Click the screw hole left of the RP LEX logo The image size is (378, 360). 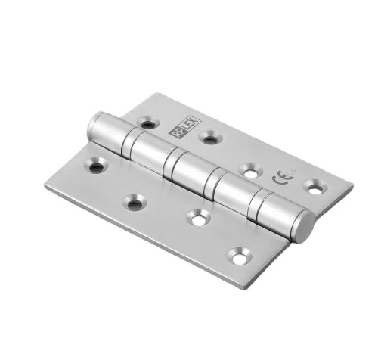pyautogui.click(x=147, y=123)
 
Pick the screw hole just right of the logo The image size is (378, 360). pyautogui.click(x=209, y=138)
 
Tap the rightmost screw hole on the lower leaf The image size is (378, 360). pyautogui.click(x=239, y=257)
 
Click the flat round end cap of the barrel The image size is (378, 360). pyautogui.click(x=304, y=226)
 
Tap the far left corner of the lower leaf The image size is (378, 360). pyautogui.click(x=45, y=185)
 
